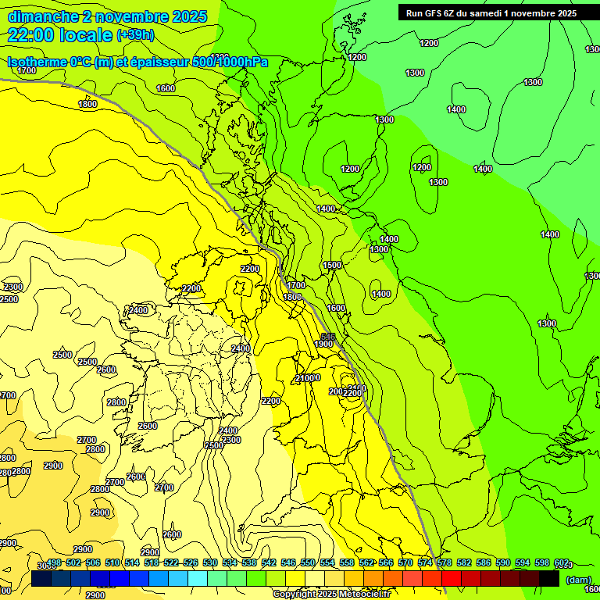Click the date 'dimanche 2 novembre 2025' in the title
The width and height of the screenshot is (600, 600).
107,16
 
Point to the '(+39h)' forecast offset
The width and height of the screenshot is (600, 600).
135,35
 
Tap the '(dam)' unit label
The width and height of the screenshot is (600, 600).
577,580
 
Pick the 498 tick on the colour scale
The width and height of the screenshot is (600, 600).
54,562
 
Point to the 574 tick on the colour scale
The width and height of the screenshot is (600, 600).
425,562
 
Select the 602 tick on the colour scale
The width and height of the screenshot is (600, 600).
561,562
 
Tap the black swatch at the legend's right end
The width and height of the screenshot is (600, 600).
550,579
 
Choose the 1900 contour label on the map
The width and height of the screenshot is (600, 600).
324,344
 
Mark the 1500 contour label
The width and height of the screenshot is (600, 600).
332,266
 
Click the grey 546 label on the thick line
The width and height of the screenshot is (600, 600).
328,337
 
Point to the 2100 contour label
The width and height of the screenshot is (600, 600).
305,378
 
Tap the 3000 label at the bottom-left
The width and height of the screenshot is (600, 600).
45,565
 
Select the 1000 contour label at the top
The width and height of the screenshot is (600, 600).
220,57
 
